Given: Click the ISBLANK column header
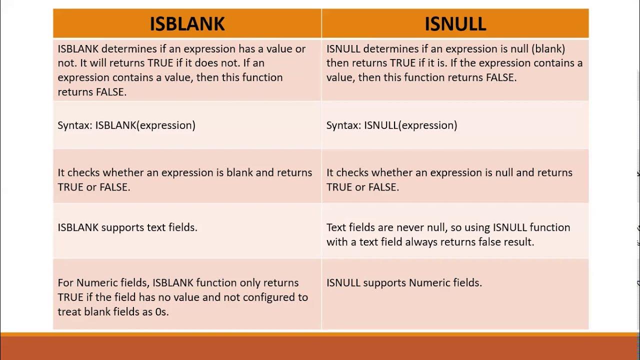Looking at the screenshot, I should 187,23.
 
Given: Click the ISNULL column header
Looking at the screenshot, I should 455,23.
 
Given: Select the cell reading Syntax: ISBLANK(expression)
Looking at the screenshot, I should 126,125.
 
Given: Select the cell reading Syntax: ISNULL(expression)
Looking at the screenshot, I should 391,125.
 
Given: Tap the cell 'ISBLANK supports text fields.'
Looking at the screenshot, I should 127,227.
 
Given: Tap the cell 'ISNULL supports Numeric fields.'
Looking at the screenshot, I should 404,282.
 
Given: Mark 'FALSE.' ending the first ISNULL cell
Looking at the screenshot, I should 501,77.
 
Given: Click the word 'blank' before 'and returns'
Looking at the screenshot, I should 239,172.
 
